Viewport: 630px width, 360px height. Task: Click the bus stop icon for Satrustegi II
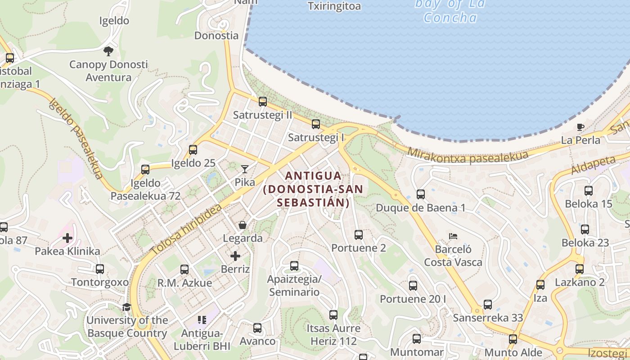point(263,102)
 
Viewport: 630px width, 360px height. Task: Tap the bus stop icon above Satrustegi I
point(316,124)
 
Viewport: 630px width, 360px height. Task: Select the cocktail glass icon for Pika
point(245,169)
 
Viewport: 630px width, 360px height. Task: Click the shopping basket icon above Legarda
point(243,225)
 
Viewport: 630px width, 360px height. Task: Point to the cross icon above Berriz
point(235,256)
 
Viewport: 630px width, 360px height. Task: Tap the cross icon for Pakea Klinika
point(67,238)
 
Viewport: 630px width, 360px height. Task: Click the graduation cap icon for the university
point(127,307)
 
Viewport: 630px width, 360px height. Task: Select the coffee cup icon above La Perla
point(580,127)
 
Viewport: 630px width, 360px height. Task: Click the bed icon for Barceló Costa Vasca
point(453,236)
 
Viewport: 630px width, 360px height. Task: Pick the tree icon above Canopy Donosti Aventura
point(108,51)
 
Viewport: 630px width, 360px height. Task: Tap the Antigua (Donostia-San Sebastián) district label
point(313,189)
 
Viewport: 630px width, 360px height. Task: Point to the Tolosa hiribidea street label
point(186,229)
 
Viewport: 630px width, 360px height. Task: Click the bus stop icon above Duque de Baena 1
point(421,194)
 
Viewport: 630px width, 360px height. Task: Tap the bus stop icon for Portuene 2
point(359,235)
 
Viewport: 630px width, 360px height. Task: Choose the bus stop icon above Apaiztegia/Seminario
point(294,266)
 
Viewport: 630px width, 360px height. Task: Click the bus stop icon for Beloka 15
point(589,191)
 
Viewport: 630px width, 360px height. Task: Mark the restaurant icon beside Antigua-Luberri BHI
point(202,320)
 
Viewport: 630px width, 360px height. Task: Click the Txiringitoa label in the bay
point(334,6)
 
